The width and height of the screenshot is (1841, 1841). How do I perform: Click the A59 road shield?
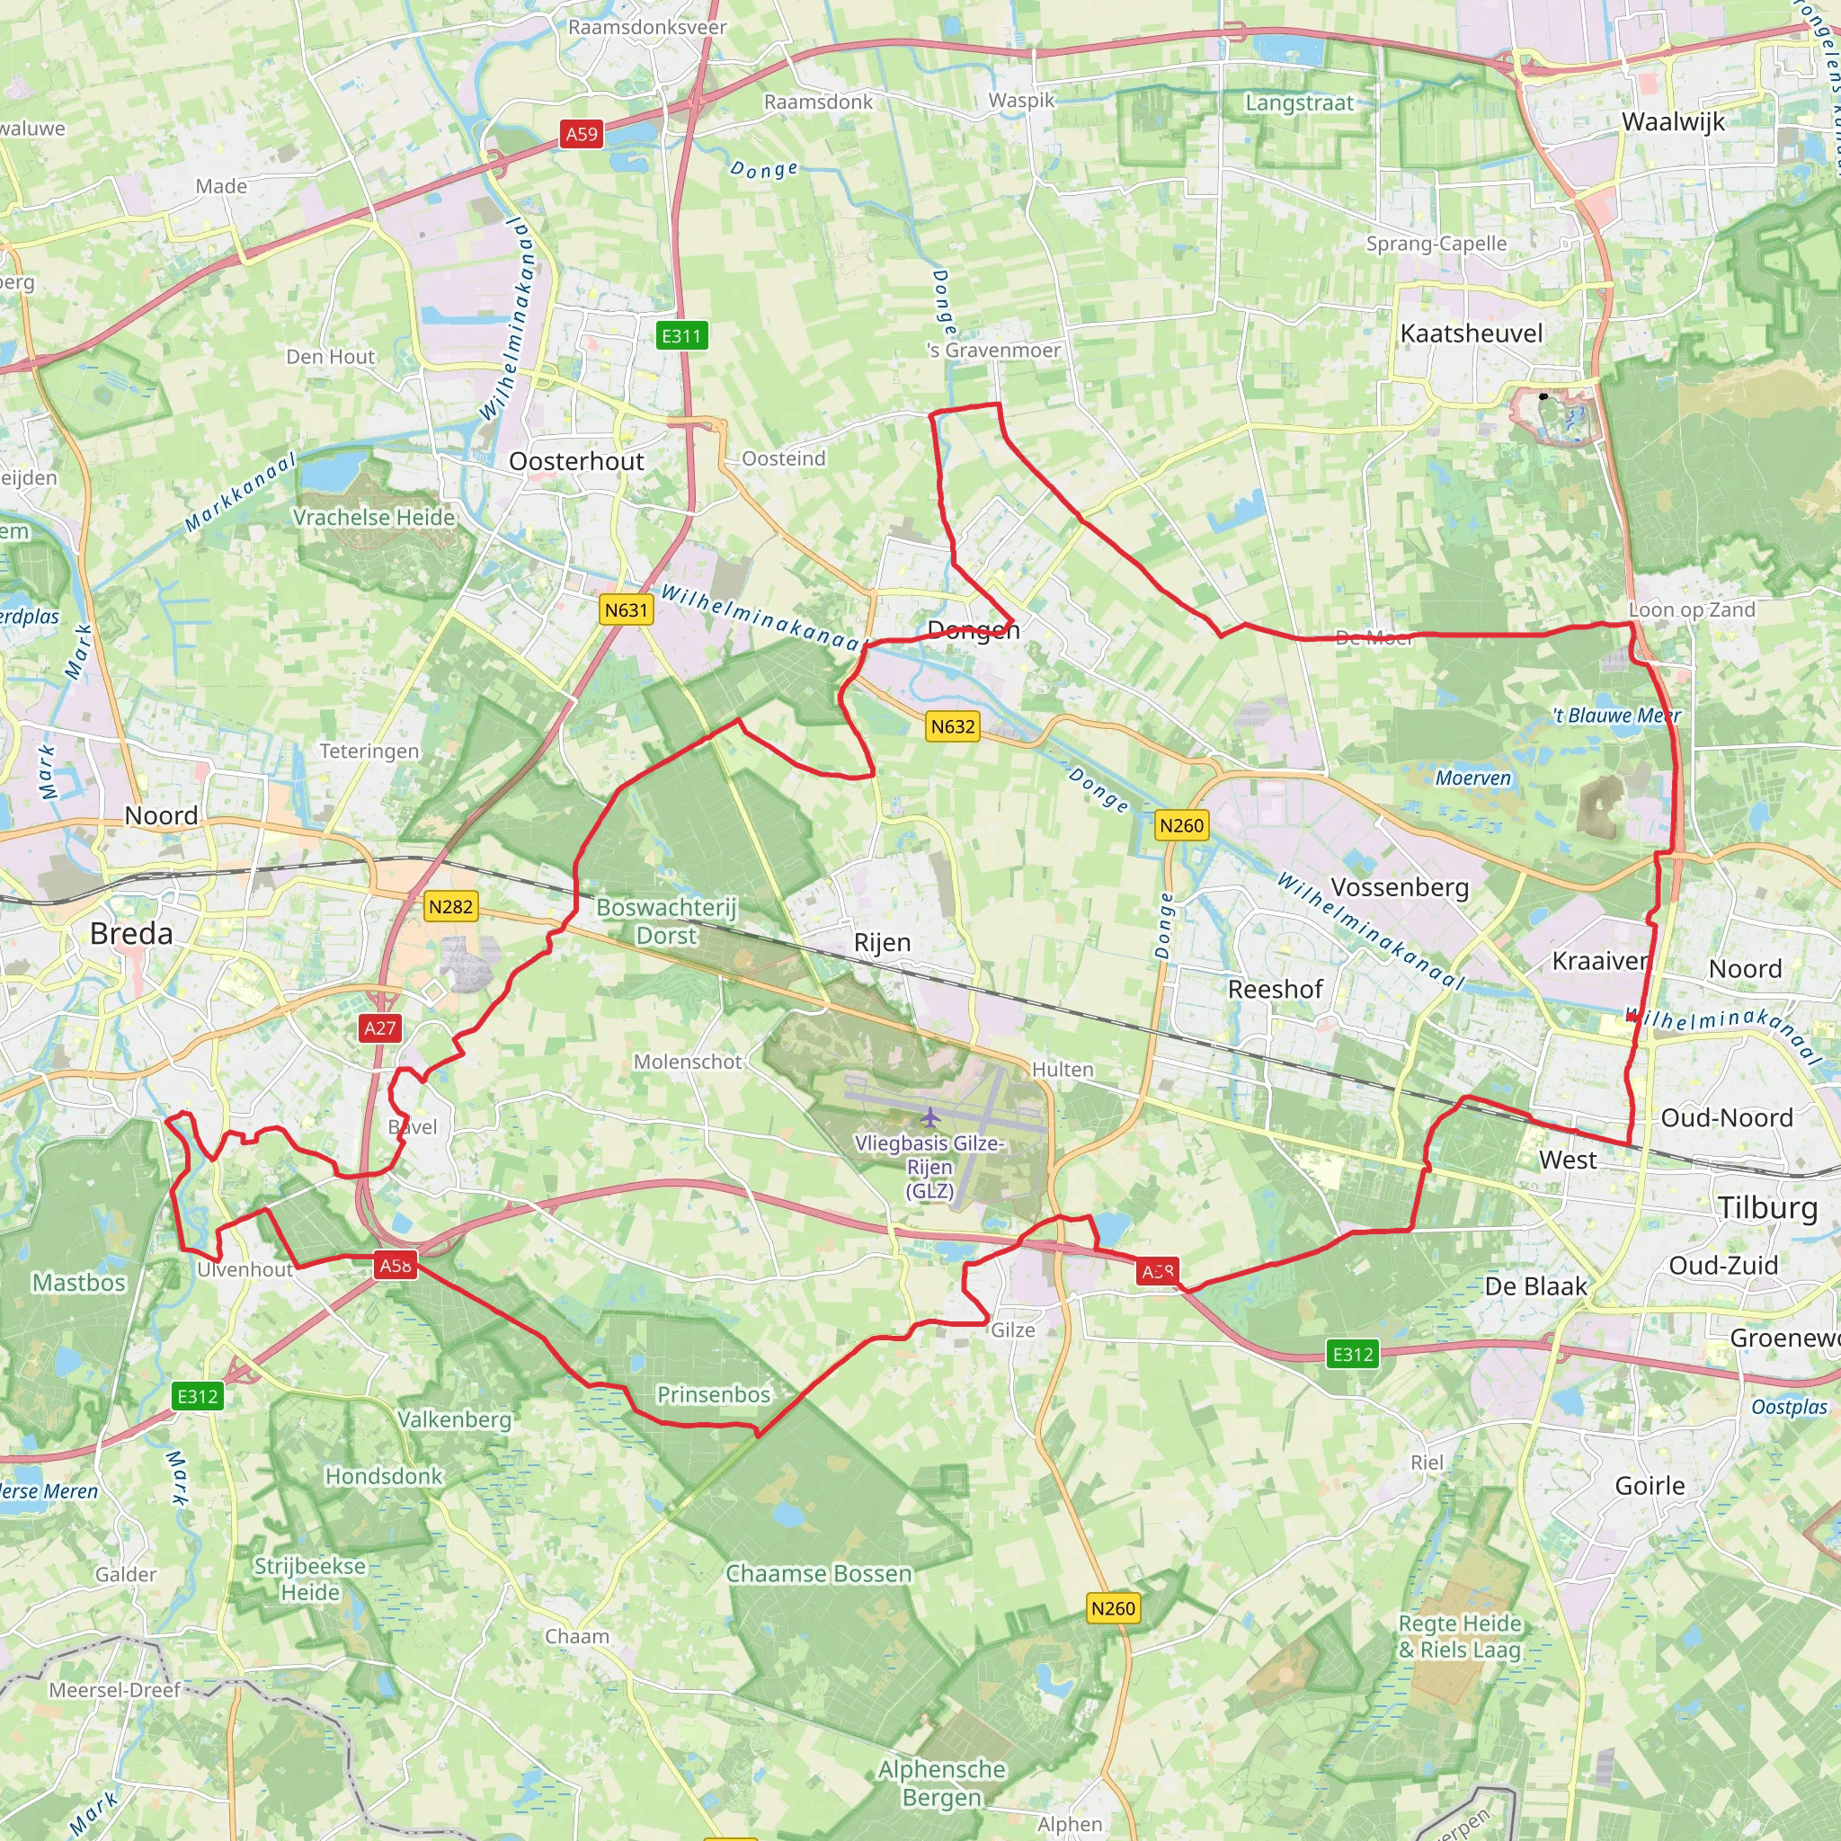point(582,134)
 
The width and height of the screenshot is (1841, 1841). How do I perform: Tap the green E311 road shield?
point(681,335)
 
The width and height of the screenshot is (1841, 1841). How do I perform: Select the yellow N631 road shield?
point(626,609)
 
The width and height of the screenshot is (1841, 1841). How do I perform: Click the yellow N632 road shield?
point(953,727)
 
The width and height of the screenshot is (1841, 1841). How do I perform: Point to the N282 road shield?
point(450,906)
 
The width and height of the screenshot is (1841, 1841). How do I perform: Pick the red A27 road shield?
point(379,1028)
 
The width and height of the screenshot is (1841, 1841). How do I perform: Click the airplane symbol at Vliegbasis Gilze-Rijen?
point(930,1116)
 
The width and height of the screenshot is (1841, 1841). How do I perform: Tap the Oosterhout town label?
point(576,461)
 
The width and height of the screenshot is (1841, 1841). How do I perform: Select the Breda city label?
point(131,934)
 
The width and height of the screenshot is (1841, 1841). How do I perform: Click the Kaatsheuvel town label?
point(1472,334)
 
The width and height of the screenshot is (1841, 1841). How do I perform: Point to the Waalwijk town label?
point(1673,122)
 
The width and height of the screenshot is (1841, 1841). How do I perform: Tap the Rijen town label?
point(883,942)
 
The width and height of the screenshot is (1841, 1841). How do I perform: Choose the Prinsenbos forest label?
point(714,1395)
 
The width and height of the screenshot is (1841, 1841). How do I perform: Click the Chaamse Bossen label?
point(819,1573)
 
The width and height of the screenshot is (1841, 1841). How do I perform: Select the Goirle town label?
point(1650,1486)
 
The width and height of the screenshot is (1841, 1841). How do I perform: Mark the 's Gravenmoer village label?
point(993,351)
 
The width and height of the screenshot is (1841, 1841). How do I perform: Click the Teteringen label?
point(369,751)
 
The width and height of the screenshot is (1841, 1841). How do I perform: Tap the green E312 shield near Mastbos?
point(198,1396)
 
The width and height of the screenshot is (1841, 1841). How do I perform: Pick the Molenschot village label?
point(687,1062)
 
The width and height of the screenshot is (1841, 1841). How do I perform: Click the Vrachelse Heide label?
point(374,518)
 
